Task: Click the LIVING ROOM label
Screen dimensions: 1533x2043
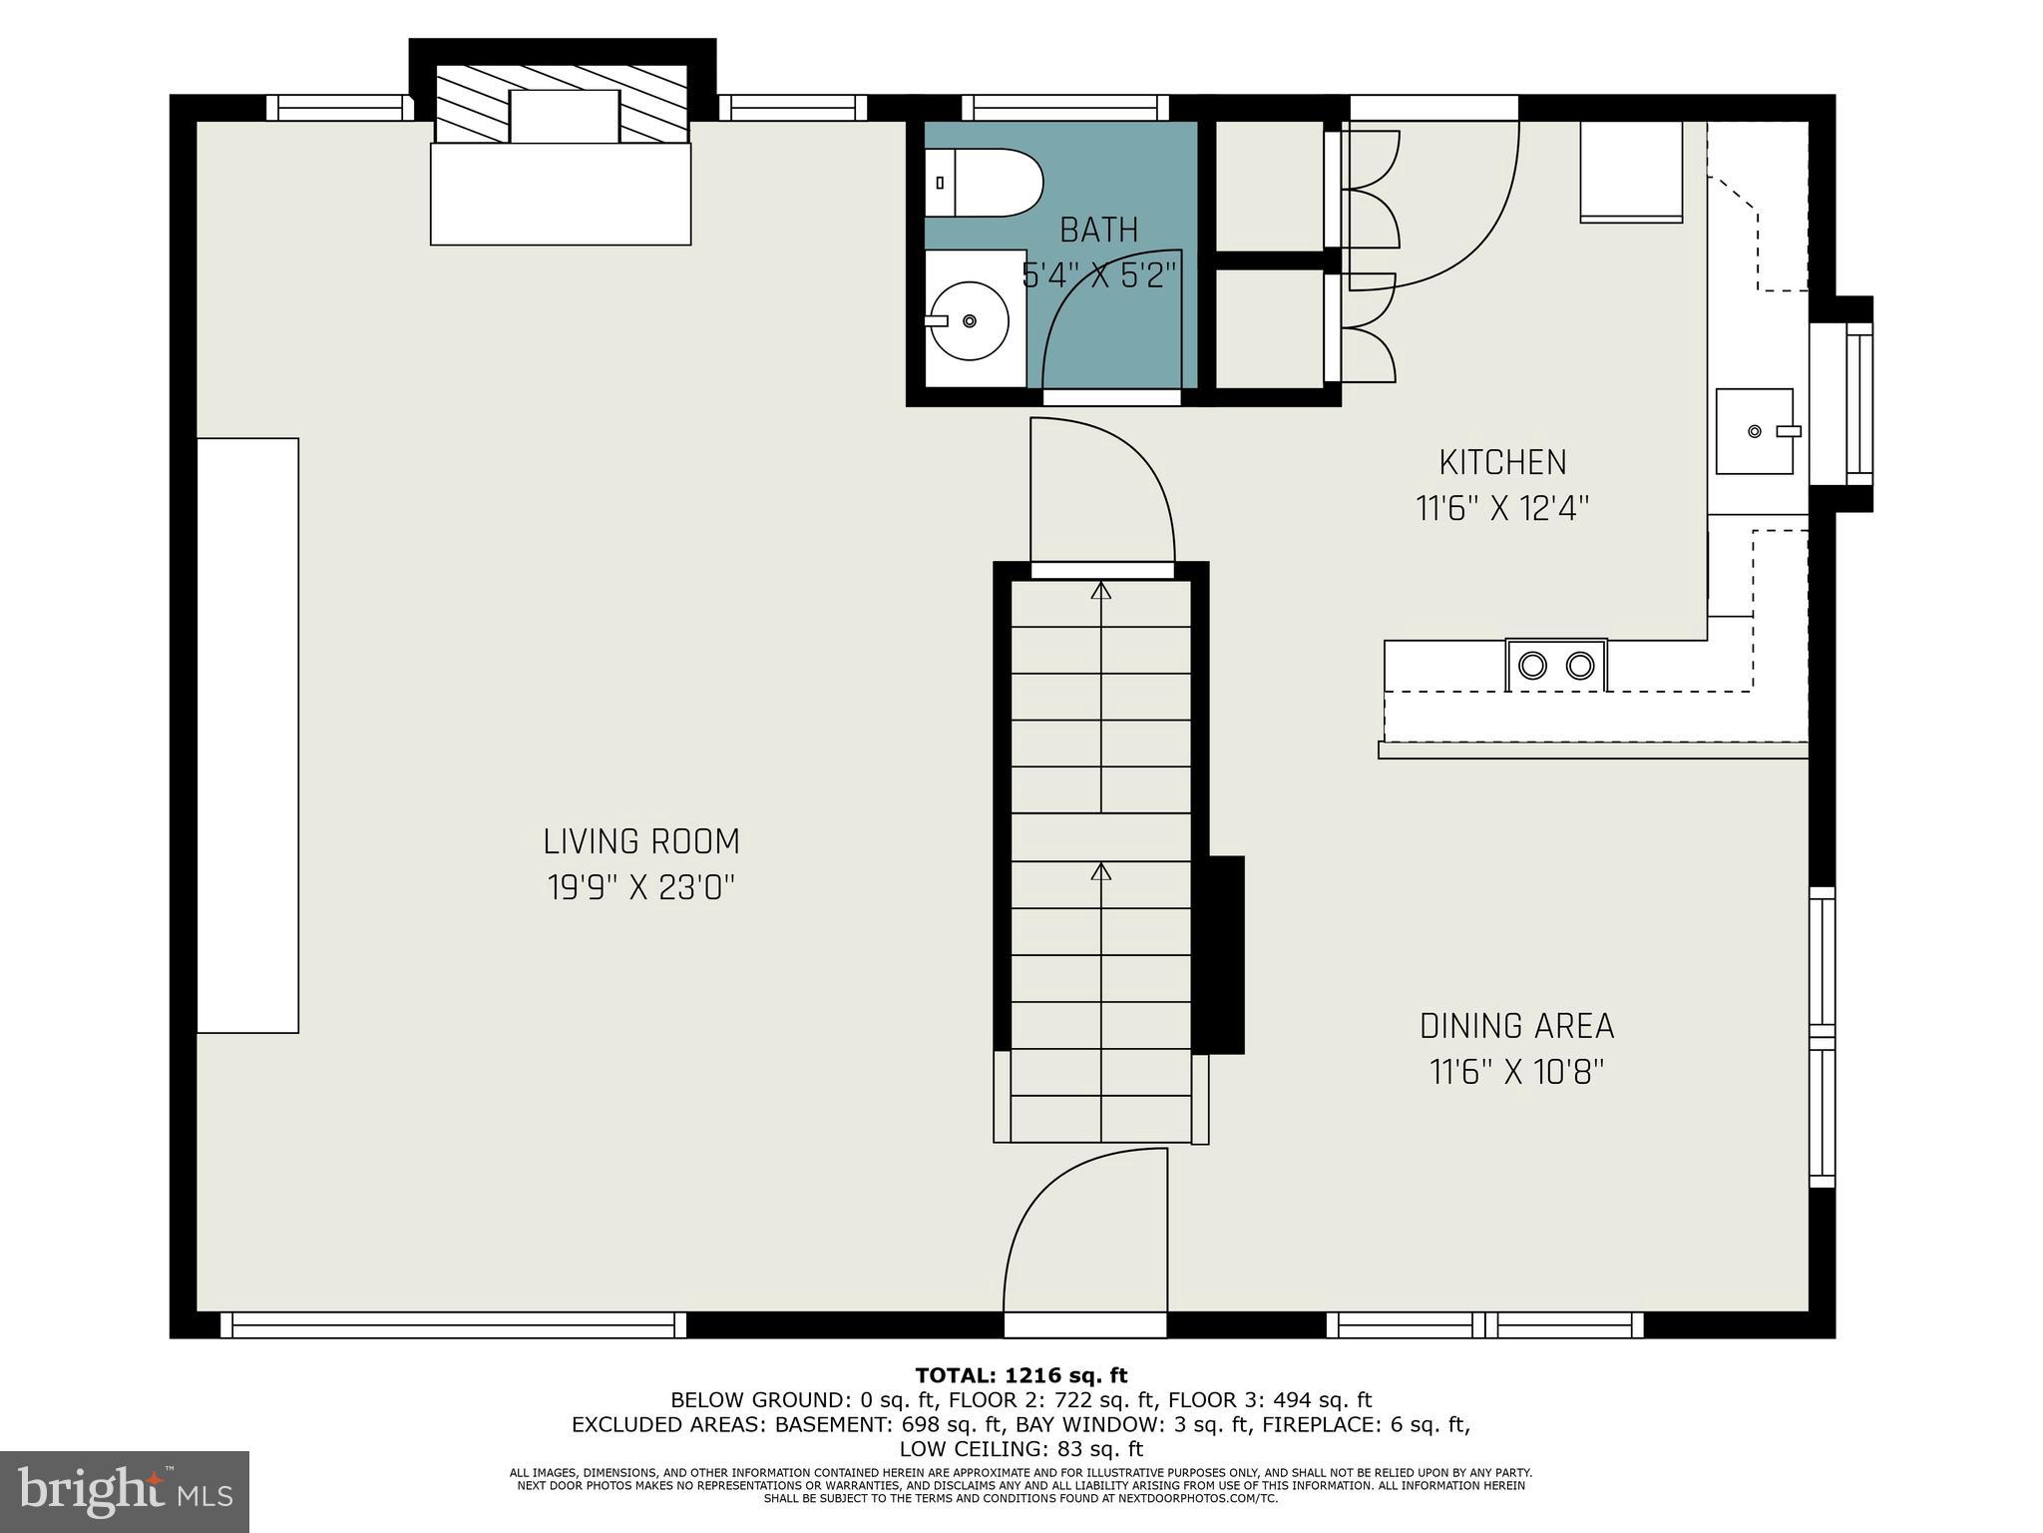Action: [641, 841]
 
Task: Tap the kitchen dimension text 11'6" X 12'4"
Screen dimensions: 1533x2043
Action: [1501, 509]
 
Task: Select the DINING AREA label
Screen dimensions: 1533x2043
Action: [1516, 1026]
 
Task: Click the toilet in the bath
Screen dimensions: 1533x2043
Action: [983, 183]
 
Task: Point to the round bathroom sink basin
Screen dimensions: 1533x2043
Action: [970, 320]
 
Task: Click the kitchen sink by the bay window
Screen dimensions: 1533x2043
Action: [1754, 431]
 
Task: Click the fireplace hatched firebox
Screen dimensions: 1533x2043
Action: [562, 104]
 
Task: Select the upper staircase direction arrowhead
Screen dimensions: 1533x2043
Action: [1100, 591]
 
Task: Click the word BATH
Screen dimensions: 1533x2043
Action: [1098, 231]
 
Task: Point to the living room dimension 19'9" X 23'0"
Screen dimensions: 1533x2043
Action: [641, 887]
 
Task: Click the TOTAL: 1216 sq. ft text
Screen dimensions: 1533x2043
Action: [1021, 1376]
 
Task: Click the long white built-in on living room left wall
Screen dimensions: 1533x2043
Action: [247, 735]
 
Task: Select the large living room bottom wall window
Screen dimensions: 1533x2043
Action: [453, 1324]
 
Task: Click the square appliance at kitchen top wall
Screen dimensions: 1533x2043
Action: [1631, 172]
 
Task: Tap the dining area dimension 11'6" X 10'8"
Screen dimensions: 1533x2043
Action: [1516, 1073]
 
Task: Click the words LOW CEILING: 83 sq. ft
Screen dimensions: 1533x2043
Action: [1021, 1449]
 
